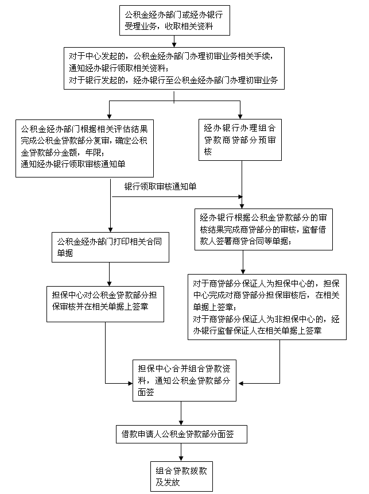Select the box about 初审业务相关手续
point(181,68)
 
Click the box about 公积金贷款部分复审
point(86,148)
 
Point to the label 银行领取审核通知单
point(160,187)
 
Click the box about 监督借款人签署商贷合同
point(263,229)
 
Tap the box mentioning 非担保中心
point(267,307)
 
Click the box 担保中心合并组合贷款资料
point(181,377)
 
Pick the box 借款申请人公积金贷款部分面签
point(181,434)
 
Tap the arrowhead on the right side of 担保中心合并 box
point(244,383)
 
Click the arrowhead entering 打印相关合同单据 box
point(109,228)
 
